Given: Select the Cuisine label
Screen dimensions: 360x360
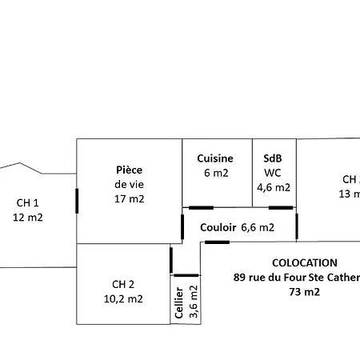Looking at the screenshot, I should pos(215,158).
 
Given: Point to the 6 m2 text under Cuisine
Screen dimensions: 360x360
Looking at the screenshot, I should pos(215,173).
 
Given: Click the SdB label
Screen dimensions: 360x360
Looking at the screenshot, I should pos(273,158).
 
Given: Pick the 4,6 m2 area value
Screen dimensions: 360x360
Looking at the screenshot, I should pos(274,187).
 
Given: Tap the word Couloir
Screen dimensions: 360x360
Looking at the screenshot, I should pos(218,227).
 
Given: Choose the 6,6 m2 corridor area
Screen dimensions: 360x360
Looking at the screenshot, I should pos(258,227).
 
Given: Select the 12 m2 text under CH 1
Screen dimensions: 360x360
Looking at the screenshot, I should pos(28,217).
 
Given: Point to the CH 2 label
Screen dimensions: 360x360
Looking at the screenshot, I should pos(123,284).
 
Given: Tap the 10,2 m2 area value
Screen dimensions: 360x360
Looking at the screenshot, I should pos(123,298).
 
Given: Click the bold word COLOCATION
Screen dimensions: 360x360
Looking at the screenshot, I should pos(305,262).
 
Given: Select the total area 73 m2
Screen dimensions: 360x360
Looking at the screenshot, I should pos(305,292).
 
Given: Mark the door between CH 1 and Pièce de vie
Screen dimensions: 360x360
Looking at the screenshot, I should pos(77,199).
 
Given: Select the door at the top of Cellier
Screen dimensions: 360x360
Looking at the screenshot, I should pos(186,274).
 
